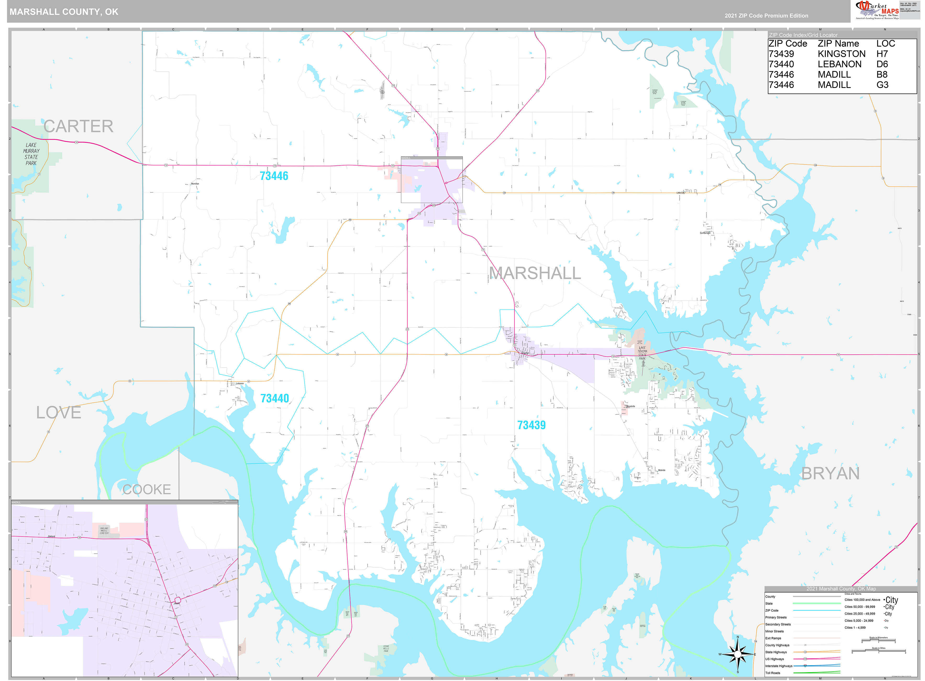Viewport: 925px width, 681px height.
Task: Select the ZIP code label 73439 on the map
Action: click(x=531, y=425)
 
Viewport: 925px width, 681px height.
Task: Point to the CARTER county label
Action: click(x=78, y=126)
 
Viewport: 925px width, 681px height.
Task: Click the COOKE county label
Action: click(x=147, y=489)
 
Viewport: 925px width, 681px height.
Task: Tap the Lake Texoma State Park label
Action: click(x=642, y=353)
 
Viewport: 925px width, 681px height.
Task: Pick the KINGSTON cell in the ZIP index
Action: click(x=841, y=54)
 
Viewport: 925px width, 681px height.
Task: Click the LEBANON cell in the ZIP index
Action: click(x=839, y=64)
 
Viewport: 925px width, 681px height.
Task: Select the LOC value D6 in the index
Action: click(x=882, y=64)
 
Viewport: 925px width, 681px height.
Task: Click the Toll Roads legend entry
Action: click(x=773, y=673)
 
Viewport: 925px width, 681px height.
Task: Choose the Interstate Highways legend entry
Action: click(x=778, y=666)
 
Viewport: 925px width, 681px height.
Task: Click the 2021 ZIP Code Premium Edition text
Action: click(x=766, y=16)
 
